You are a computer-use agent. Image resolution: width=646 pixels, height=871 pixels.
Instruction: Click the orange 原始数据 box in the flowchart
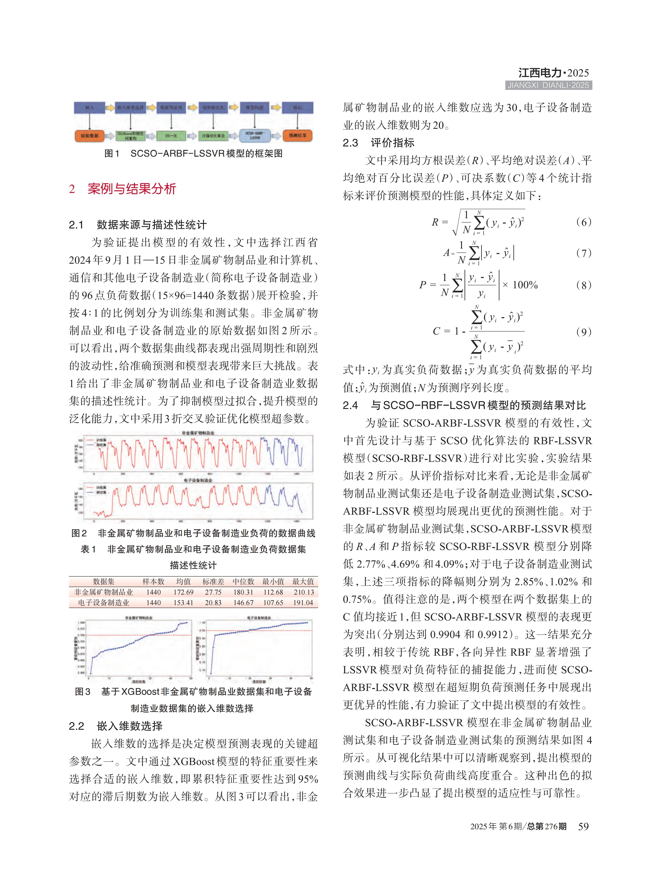click(x=90, y=135)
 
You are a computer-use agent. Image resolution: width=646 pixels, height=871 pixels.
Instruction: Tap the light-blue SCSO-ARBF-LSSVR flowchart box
click(x=255, y=135)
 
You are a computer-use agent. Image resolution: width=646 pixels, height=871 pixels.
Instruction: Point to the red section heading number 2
click(x=72, y=189)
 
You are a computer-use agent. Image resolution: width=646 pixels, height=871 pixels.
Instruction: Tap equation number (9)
click(x=583, y=332)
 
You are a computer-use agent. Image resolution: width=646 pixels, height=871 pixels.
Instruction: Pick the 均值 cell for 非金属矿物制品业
click(x=183, y=592)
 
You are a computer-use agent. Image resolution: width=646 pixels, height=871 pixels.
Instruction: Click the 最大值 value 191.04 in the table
click(x=303, y=603)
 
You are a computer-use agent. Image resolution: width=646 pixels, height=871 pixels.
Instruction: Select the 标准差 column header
click(x=213, y=582)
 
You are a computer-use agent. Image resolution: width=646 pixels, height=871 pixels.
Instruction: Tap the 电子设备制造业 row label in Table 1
click(x=104, y=603)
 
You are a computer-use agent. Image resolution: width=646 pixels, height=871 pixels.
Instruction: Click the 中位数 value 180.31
click(x=243, y=592)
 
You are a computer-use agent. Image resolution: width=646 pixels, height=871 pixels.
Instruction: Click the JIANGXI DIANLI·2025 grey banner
click(x=548, y=85)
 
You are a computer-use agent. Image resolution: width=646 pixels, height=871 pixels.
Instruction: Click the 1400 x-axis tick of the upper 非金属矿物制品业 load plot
click(x=296, y=474)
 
